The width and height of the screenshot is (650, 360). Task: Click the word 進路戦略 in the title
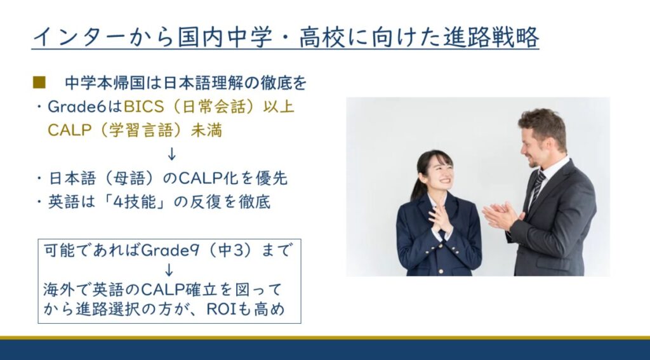[491, 37]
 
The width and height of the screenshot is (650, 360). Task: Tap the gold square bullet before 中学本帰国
[39, 83]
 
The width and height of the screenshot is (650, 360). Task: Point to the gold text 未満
[206, 130]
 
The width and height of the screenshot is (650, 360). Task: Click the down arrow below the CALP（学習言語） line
[171, 154]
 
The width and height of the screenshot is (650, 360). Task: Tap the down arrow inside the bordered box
[169, 270]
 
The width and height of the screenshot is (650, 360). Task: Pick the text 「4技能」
[135, 202]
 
